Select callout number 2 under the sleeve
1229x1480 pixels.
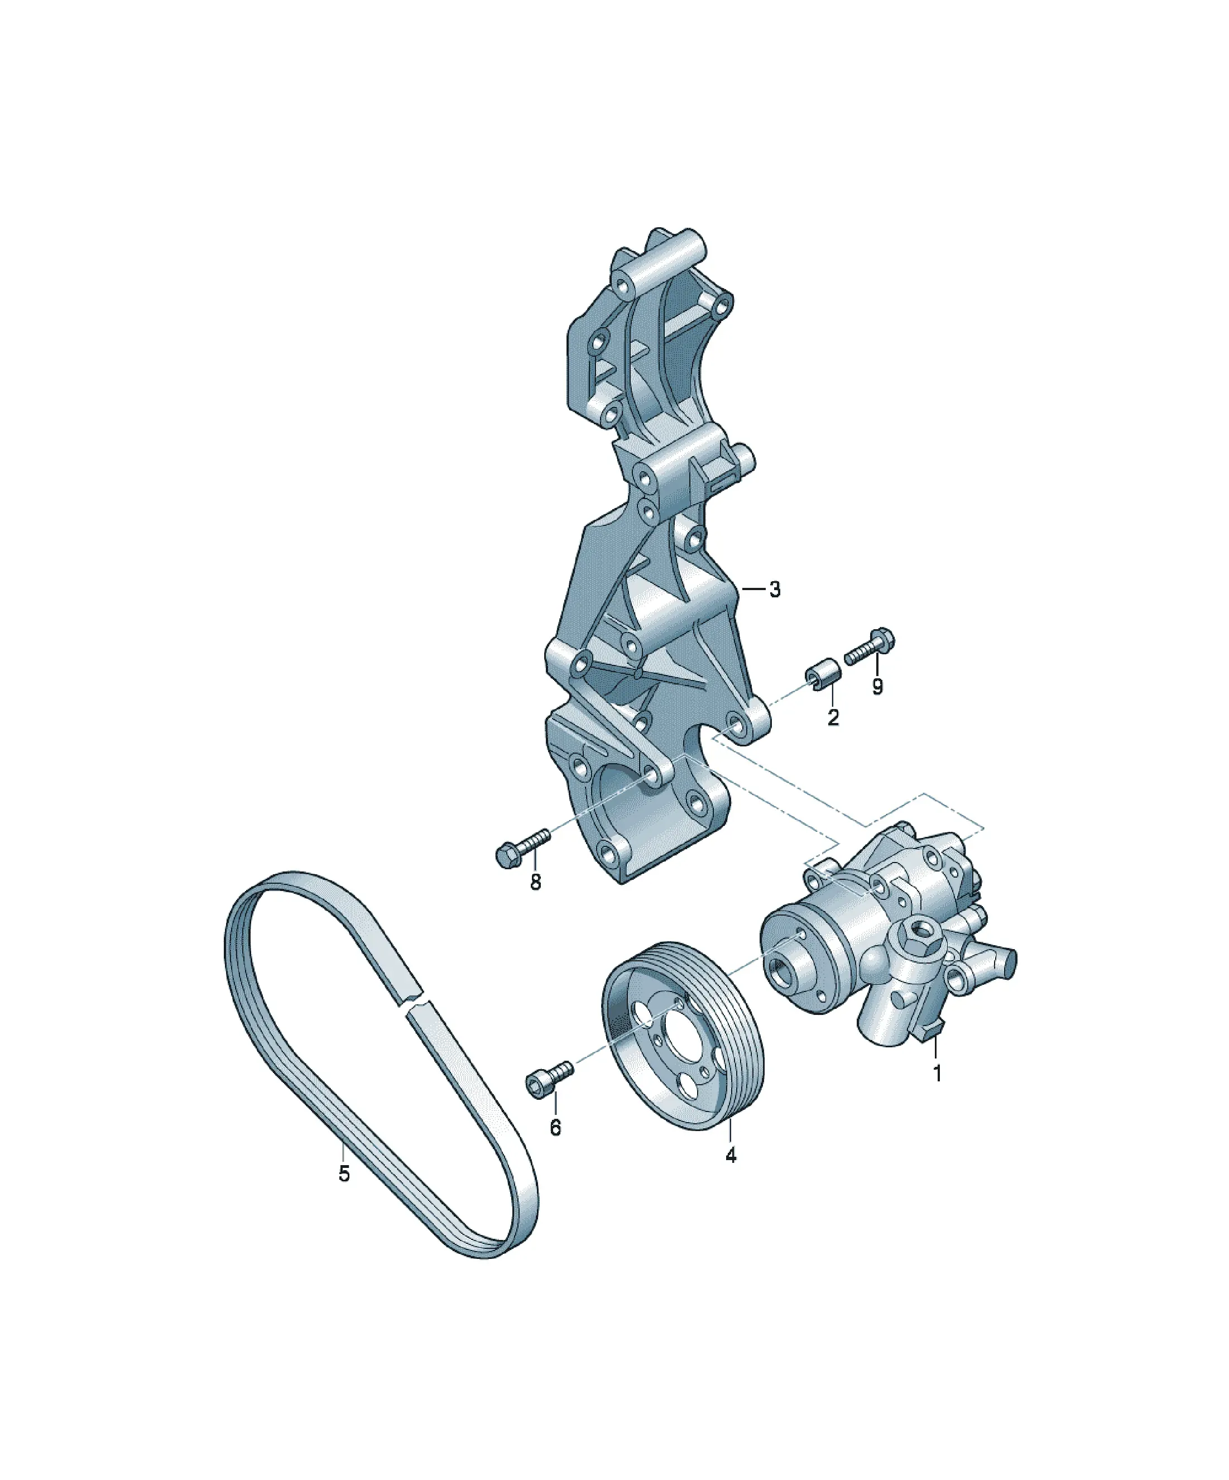coord(833,718)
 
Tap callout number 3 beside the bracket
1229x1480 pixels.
coord(775,589)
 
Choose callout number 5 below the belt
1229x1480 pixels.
coord(344,1174)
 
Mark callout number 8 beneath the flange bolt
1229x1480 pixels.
coord(536,882)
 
